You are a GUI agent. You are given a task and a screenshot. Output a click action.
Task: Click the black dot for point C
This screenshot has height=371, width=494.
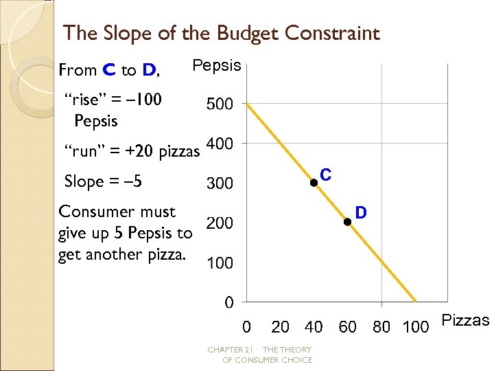pyautogui.click(x=313, y=183)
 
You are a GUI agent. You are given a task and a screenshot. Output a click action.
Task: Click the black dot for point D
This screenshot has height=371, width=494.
pyautogui.click(x=347, y=221)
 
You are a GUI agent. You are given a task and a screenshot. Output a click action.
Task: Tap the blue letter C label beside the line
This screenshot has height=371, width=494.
pyautogui.click(x=326, y=175)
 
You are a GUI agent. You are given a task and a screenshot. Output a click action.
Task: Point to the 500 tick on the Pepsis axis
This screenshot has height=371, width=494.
pyautogui.click(x=220, y=104)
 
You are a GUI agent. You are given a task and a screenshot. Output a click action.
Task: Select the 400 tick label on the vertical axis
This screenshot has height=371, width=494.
pyautogui.click(x=220, y=144)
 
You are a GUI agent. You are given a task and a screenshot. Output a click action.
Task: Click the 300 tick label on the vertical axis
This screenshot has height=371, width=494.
pyautogui.click(x=220, y=184)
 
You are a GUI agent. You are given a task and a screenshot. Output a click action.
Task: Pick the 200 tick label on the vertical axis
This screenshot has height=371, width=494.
pyautogui.click(x=220, y=224)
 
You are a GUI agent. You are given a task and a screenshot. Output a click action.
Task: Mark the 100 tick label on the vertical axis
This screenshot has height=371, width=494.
pyautogui.click(x=220, y=264)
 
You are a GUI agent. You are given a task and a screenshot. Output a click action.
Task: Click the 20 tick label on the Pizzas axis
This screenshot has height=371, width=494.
pyautogui.click(x=280, y=327)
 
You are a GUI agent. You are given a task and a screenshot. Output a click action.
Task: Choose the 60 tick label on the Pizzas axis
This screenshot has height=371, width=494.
pyautogui.click(x=348, y=327)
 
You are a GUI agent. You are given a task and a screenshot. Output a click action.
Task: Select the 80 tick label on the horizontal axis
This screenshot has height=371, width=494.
pyautogui.click(x=381, y=327)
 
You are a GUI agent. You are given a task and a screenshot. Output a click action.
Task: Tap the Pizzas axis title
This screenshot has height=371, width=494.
pyautogui.click(x=465, y=321)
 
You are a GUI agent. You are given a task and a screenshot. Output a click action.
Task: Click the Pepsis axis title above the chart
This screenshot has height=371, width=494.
pyautogui.click(x=217, y=66)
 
